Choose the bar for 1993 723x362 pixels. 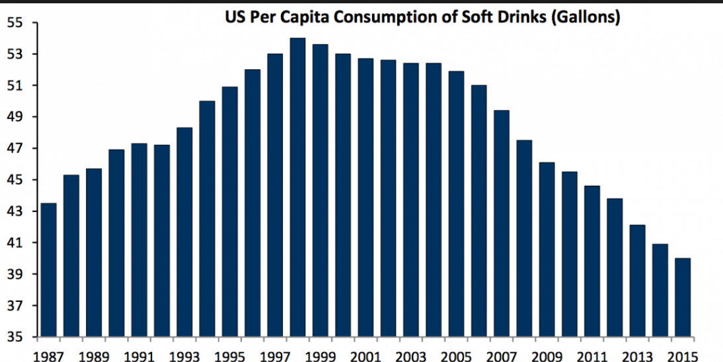pos(184,232)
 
